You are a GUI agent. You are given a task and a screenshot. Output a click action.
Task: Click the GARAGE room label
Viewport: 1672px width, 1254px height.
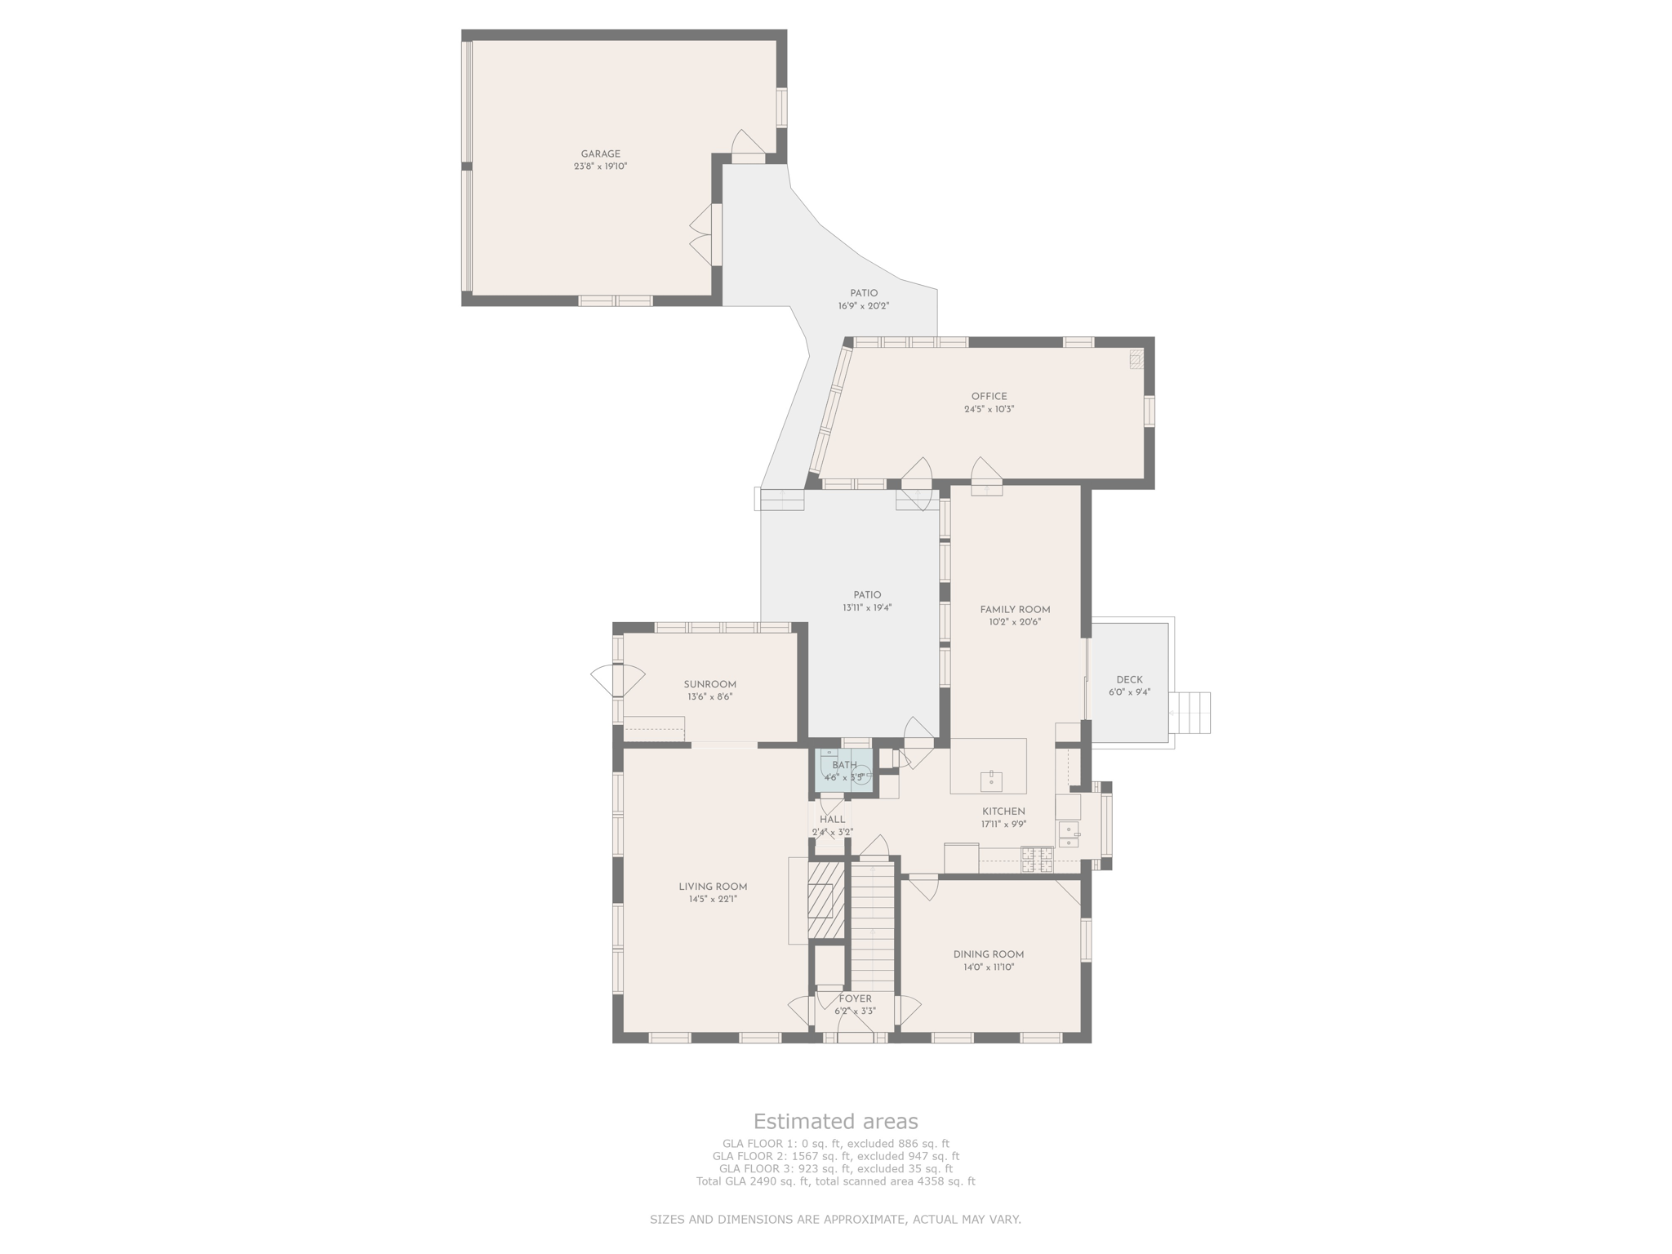coord(600,154)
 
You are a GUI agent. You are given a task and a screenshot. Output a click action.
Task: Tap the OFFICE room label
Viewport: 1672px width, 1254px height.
coord(989,397)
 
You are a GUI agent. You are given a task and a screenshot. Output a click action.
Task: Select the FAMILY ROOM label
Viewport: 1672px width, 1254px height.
coord(1015,610)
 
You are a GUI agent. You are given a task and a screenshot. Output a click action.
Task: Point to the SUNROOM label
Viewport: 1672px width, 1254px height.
coord(709,685)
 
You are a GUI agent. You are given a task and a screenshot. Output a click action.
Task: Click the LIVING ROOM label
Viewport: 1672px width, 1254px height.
coord(713,887)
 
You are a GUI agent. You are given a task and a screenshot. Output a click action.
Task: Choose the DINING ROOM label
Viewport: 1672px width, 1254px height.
coord(988,955)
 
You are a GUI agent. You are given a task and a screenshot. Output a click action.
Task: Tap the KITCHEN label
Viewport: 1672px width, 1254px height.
coord(1003,812)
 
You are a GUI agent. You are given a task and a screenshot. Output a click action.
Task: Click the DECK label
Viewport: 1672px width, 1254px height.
coord(1129,680)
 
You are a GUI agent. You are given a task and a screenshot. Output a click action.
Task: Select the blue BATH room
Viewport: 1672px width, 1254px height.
coord(844,770)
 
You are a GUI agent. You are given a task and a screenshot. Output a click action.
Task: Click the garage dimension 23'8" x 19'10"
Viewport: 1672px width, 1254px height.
coord(600,167)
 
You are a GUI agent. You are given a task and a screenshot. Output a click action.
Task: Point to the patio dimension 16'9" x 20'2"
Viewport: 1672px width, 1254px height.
coord(863,306)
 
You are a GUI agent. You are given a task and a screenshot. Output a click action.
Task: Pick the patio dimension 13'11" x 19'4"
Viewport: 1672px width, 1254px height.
coord(867,608)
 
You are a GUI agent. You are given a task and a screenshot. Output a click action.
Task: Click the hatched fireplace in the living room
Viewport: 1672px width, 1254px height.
coord(825,900)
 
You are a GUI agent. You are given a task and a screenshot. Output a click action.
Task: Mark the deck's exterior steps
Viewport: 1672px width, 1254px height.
coord(1190,713)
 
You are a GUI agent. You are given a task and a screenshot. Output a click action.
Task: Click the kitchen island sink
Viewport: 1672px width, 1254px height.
coord(991,780)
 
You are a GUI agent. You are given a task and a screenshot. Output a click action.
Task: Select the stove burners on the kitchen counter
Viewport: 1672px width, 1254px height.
coord(1037,860)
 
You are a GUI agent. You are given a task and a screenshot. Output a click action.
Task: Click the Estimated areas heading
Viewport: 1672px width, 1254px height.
coord(835,1121)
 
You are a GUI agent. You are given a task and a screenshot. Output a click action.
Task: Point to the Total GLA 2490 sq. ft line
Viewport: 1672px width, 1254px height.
coord(835,1181)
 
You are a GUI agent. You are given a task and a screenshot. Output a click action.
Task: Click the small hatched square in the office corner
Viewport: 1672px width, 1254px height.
coord(1136,359)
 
